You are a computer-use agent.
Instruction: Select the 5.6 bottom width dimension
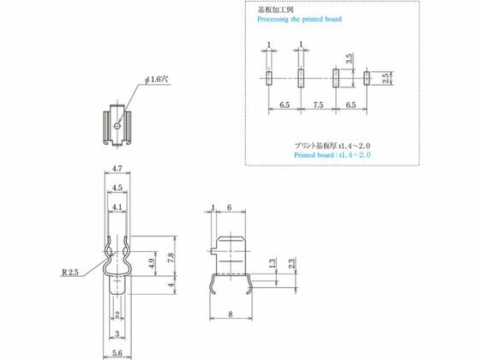(x=119, y=352)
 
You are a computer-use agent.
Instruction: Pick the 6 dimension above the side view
(x=231, y=207)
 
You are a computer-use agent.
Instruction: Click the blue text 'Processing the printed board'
(x=300, y=18)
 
